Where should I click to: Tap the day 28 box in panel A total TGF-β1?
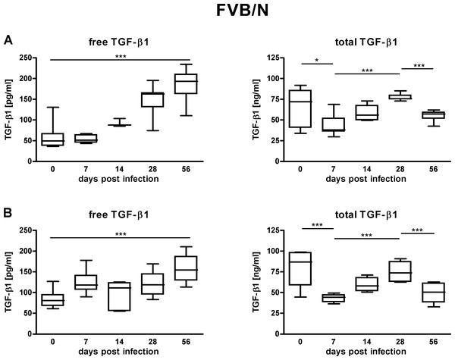400,97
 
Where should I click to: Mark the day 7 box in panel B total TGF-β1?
334,298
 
